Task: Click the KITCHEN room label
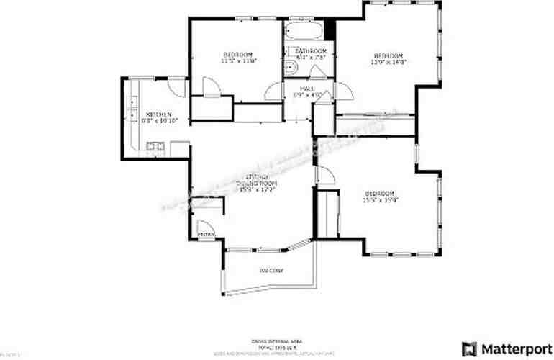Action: (x=158, y=114)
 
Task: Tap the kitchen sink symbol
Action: (x=154, y=148)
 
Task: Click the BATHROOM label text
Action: (x=311, y=51)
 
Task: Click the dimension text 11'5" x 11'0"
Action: (x=238, y=62)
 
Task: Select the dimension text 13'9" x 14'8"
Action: (x=389, y=62)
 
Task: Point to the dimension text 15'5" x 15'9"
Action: (x=379, y=200)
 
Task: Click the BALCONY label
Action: (x=271, y=271)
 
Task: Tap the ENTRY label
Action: (x=206, y=234)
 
